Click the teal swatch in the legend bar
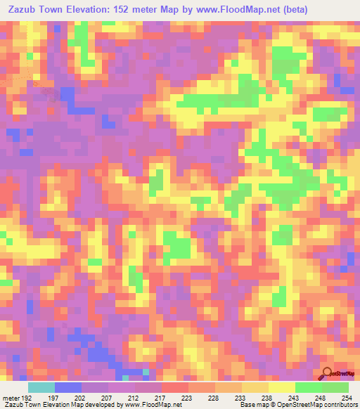41,387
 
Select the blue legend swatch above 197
68,387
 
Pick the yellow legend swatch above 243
281,387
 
